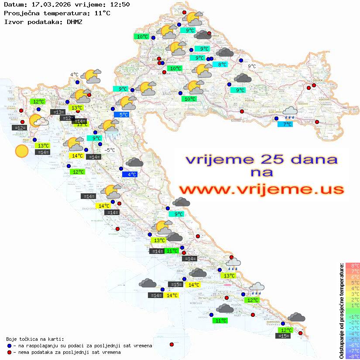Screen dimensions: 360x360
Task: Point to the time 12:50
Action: coord(119,4)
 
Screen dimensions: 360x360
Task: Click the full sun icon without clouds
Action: coord(21,151)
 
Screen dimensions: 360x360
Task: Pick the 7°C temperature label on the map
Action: coord(285,124)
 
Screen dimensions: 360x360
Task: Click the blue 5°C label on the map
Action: coord(123,115)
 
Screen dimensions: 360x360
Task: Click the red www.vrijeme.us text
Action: coord(261,189)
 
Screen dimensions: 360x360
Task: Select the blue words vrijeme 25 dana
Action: coord(261,160)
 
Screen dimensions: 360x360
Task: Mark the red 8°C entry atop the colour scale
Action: coord(353,265)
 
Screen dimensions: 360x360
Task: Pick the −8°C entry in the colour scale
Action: coord(353,357)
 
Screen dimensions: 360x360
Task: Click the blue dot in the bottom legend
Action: coord(10,346)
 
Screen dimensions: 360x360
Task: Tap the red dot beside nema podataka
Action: coord(10,352)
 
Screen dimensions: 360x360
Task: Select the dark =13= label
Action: coord(58,112)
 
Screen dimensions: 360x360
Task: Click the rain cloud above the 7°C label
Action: coord(290,113)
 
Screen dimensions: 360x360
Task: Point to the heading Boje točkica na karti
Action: coord(35,339)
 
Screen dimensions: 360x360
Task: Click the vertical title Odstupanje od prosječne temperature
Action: coord(341,311)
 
